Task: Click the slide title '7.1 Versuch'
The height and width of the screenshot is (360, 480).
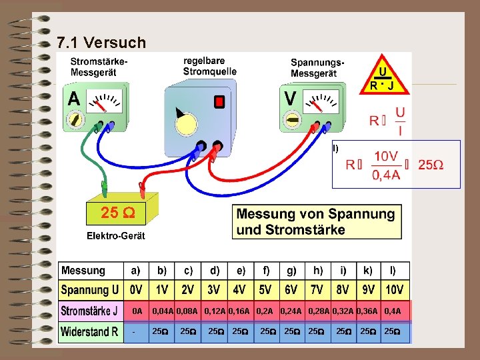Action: click(x=101, y=43)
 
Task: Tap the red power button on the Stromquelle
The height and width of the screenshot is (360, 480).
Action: click(x=219, y=102)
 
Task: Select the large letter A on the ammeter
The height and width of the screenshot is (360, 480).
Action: click(x=74, y=99)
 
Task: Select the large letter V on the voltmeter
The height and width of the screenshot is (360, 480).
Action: click(x=291, y=99)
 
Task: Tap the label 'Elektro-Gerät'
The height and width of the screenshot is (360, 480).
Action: click(x=115, y=236)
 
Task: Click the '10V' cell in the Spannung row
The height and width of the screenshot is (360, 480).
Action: click(x=394, y=291)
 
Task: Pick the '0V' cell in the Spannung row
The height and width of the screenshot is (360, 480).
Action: click(x=136, y=291)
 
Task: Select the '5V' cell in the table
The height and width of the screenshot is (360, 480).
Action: click(x=265, y=291)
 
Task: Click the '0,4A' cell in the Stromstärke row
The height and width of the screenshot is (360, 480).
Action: click(x=393, y=311)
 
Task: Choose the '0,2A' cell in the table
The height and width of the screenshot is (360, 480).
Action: click(x=265, y=311)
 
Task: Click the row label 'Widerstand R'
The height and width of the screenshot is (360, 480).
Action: click(x=90, y=331)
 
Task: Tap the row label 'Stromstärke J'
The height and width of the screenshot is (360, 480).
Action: click(x=90, y=311)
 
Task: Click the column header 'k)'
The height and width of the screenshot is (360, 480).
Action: click(x=367, y=271)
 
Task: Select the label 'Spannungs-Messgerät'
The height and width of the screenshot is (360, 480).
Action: click(x=317, y=67)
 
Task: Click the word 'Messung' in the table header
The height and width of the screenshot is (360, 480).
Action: click(x=83, y=271)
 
